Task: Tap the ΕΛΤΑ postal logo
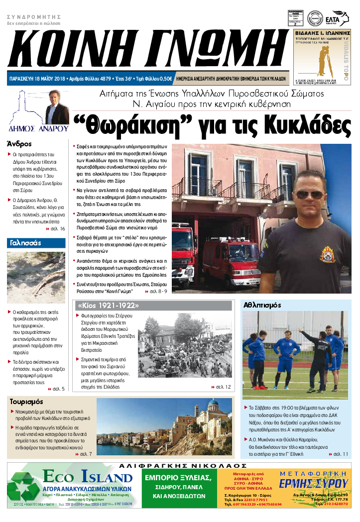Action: [x=341, y=16]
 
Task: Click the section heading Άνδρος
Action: [x=18, y=143]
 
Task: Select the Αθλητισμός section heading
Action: [x=262, y=305]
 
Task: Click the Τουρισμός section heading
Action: [x=26, y=402]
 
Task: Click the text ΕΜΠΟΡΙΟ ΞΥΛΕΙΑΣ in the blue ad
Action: [x=177, y=478]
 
